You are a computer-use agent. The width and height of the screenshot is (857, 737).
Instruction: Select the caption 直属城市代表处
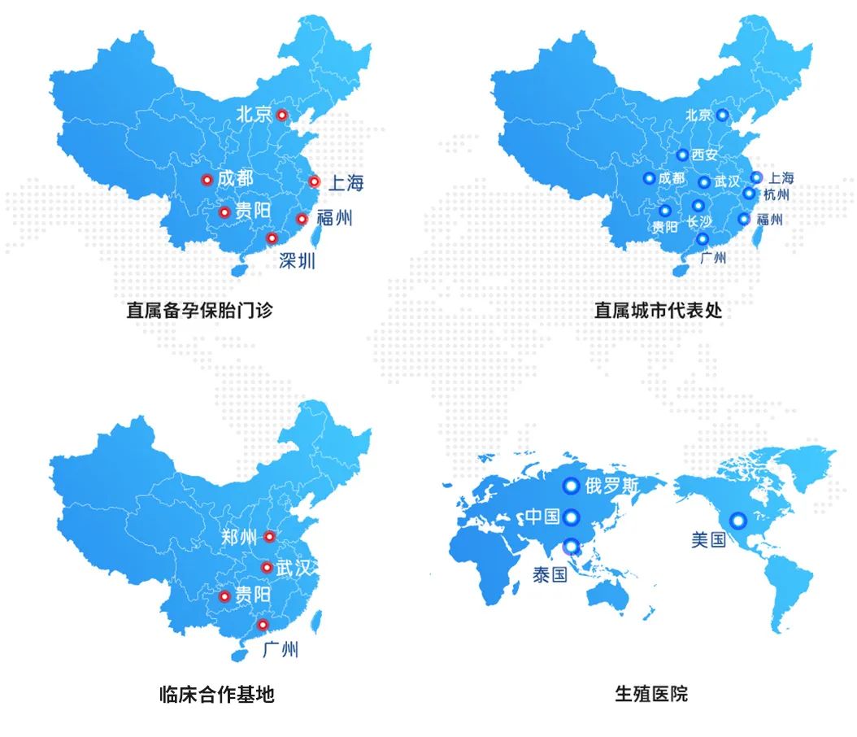[658, 310]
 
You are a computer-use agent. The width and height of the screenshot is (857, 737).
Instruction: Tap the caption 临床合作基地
[216, 694]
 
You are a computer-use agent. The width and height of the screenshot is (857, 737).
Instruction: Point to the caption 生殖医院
[651, 694]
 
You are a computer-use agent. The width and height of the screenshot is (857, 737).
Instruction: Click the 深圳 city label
[297, 260]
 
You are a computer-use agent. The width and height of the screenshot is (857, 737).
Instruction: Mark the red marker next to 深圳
[272, 238]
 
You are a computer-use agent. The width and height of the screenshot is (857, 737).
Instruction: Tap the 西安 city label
[705, 155]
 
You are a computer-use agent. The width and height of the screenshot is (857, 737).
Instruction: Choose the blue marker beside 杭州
[749, 194]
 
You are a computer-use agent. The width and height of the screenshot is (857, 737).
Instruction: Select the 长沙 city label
[699, 221]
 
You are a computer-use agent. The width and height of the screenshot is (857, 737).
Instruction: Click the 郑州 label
[238, 537]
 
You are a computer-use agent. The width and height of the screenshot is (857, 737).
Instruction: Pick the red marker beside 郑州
[269, 536]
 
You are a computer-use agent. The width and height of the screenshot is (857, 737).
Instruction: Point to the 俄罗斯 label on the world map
[611, 486]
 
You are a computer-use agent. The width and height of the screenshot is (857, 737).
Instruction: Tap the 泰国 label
[550, 574]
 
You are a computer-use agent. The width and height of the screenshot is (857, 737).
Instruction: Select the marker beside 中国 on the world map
[572, 517]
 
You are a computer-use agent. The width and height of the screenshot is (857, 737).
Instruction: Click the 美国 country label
[708, 539]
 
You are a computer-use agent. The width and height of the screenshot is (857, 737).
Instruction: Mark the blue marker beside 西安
[682, 155]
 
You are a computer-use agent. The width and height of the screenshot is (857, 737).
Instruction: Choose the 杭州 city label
[776, 195]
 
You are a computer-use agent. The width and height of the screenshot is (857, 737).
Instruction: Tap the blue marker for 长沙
[698, 206]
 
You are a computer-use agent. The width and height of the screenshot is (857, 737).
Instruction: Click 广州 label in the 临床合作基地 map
[281, 649]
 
